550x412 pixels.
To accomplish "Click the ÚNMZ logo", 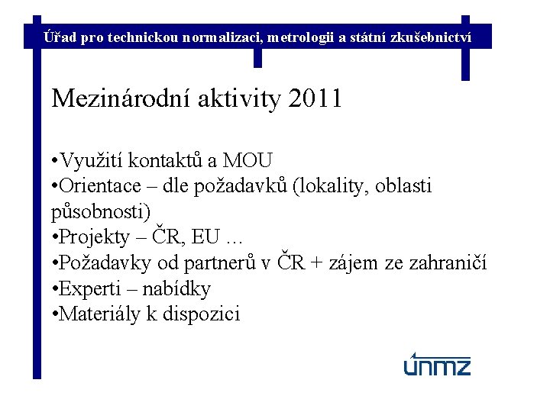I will [437, 365].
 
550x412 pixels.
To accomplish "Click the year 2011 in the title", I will [315, 99].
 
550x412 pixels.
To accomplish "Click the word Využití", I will [92, 160].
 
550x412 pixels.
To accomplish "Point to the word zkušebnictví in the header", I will [435, 36].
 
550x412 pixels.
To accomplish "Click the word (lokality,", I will [331, 185].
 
